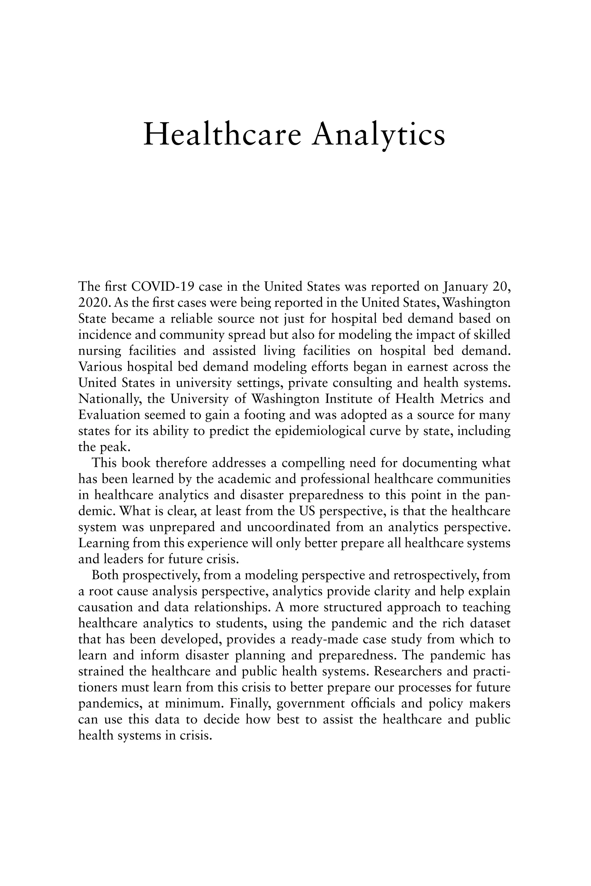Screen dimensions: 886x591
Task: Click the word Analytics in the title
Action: point(379,135)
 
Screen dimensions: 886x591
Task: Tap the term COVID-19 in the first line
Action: point(162,287)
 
